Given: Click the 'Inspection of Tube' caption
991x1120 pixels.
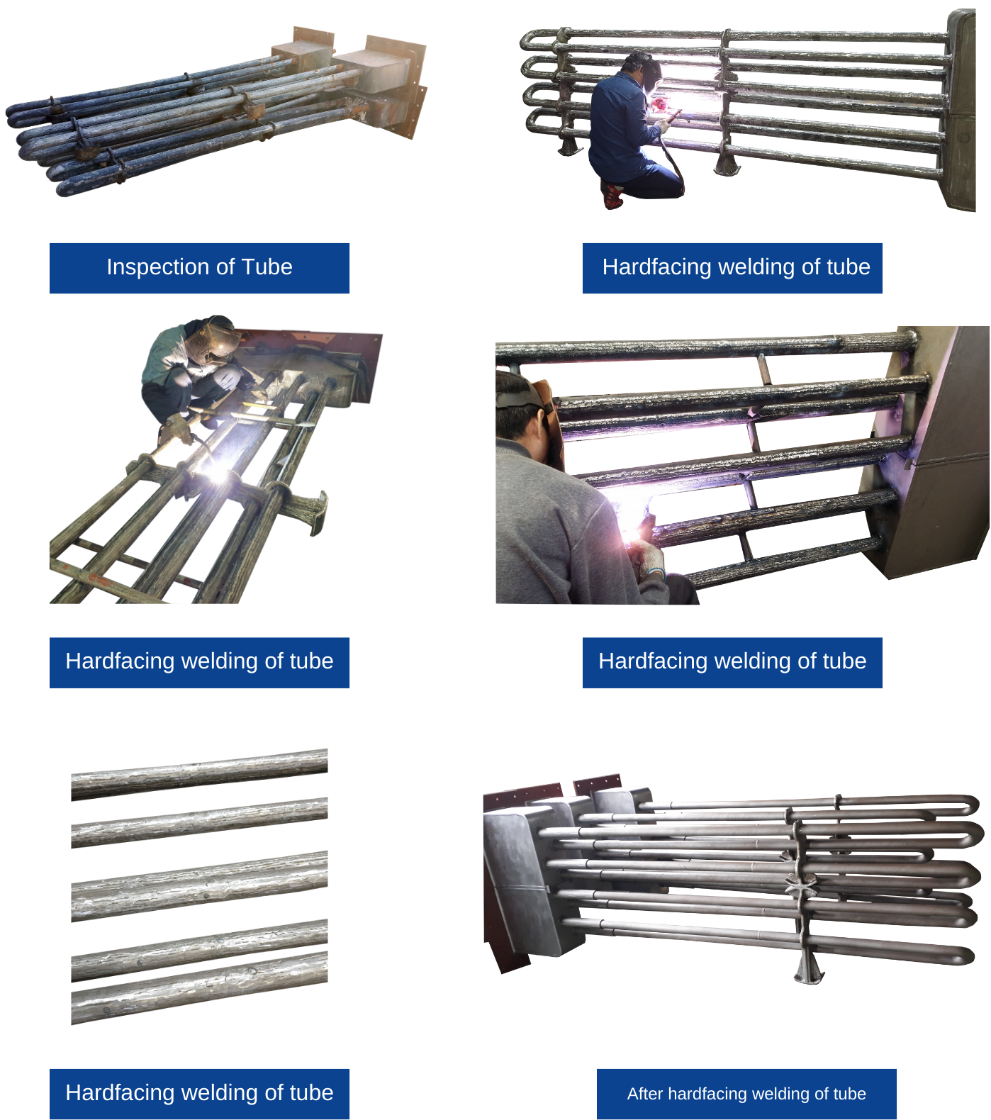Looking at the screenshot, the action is (199, 267).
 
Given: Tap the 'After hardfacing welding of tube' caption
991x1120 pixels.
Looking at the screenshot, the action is (746, 1094).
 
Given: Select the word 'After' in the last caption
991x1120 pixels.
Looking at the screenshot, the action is (644, 1094).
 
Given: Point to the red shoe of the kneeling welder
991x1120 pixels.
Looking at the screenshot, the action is (611, 195).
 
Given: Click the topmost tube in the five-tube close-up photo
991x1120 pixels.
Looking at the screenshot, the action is (199, 774).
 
